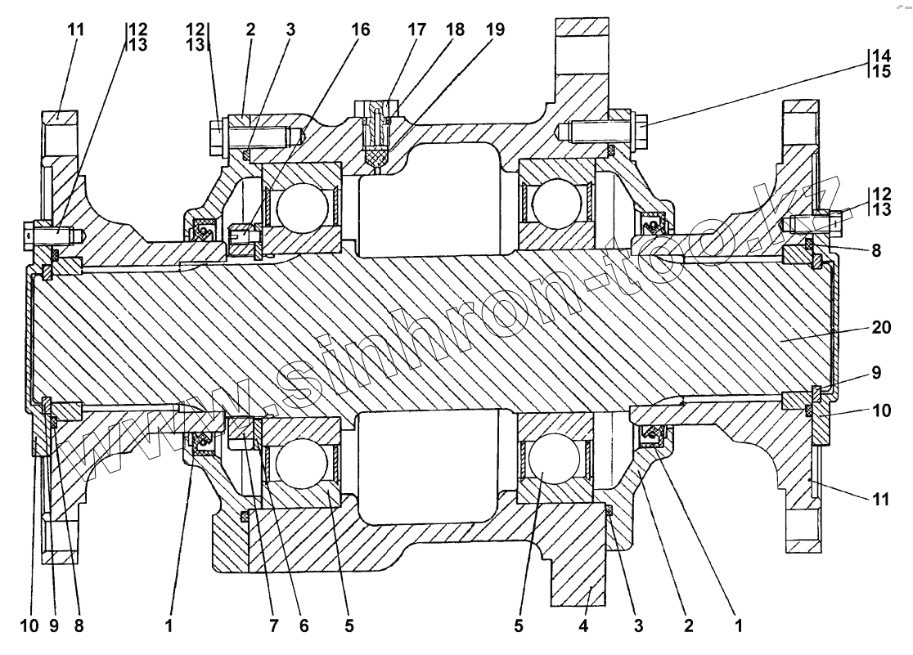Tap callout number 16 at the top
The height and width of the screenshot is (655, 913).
coord(361,29)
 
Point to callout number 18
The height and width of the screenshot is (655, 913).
coord(454,29)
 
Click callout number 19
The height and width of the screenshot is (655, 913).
coord(494,29)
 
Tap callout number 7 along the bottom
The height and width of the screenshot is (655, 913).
coord(273,627)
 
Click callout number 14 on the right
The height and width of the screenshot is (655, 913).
coord(882,57)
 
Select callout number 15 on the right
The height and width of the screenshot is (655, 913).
coord(882,72)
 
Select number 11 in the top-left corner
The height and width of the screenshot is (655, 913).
coord(76,29)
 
